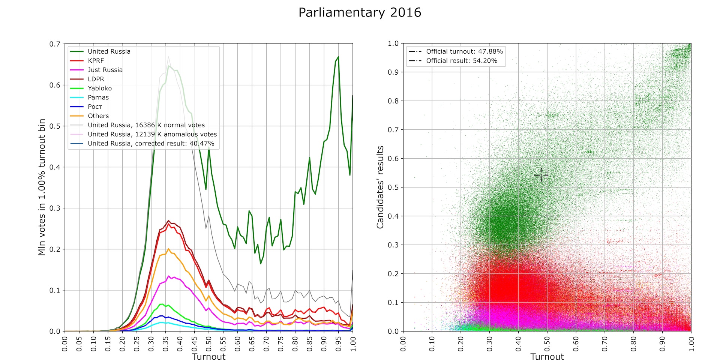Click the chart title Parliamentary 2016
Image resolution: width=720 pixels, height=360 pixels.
360,13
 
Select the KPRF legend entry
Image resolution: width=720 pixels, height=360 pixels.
96,61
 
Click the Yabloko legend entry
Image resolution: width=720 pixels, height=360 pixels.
100,88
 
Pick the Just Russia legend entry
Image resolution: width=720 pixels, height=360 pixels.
105,70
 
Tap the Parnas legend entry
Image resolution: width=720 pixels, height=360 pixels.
98,97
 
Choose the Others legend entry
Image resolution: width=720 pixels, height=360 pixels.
98,116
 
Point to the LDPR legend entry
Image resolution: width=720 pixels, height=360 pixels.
96,79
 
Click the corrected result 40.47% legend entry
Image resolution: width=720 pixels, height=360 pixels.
151,144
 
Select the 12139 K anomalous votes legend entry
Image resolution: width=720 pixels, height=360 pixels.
152,134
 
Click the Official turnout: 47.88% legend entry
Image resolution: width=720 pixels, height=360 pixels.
464,51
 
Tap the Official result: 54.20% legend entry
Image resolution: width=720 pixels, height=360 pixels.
462,61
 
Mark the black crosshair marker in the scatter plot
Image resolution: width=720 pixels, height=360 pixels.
541,175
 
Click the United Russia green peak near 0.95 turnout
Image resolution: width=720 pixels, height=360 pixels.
338,57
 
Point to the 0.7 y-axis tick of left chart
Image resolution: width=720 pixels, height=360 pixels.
55,44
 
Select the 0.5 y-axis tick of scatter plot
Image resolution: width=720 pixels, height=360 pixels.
393,187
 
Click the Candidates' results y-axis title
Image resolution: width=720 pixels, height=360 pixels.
380,187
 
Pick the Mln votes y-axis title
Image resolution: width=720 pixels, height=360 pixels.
42,187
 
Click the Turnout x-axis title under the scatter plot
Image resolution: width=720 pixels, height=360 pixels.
547,357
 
